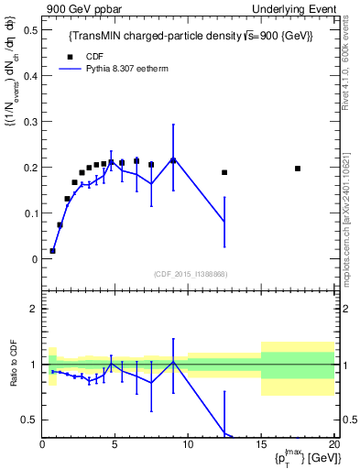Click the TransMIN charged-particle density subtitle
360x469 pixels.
pyautogui.click(x=191, y=36)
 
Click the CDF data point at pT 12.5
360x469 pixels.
pyautogui.click(x=224, y=172)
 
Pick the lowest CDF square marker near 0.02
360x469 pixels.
pyautogui.click(x=53, y=250)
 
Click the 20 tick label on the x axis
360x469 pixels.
pyautogui.click(x=333, y=444)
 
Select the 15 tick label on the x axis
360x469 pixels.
pyautogui.click(x=261, y=444)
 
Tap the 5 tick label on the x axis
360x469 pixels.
pyautogui.click(x=115, y=444)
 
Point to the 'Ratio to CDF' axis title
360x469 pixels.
pyautogui.click(x=14, y=376)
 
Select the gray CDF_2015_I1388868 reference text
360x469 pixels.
pyautogui.click(x=190, y=274)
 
